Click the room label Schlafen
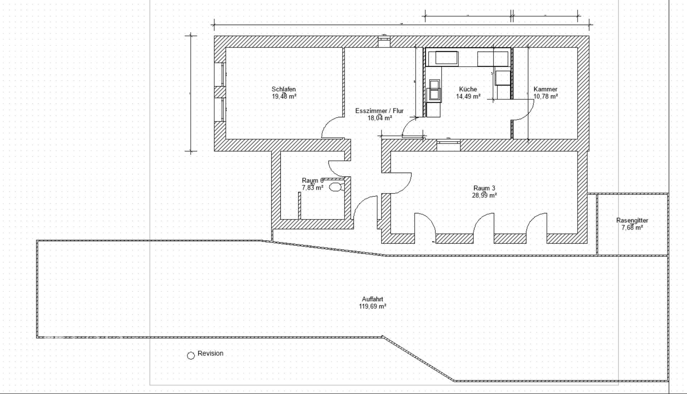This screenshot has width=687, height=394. pos(283,89)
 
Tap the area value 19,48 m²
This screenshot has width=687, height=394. pos(284,97)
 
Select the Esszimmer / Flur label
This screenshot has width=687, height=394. pos(379,111)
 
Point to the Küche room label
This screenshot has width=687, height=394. pos(468,89)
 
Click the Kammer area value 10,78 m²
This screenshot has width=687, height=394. pos(546,97)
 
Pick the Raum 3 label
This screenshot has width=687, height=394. pos(484,188)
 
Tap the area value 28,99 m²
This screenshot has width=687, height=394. pos(484,195)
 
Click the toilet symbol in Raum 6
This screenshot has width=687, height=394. pos(335,187)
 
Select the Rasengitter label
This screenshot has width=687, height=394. pos(632,220)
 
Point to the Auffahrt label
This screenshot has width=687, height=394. pos(372,299)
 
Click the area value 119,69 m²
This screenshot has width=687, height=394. pos(372,306)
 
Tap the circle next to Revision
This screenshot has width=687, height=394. pos(191,355)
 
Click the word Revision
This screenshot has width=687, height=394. pos(210,353)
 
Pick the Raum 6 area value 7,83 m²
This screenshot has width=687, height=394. pos(312,188)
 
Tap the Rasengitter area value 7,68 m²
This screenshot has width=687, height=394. pos(632,227)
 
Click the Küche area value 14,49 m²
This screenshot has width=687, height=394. pos(468,97)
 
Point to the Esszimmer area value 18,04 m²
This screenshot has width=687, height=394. pos(379,118)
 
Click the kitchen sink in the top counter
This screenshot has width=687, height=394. pos(446,58)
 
